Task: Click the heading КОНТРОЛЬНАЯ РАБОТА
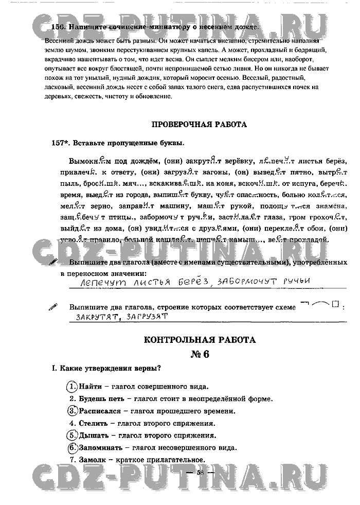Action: (200, 340)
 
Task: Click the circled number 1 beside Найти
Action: (72, 386)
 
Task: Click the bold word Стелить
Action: (94, 423)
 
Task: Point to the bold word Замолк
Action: (94, 460)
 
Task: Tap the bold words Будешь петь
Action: (100, 398)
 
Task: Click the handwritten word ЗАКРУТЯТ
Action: (96, 317)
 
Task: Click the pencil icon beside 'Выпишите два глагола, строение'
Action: (53, 307)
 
